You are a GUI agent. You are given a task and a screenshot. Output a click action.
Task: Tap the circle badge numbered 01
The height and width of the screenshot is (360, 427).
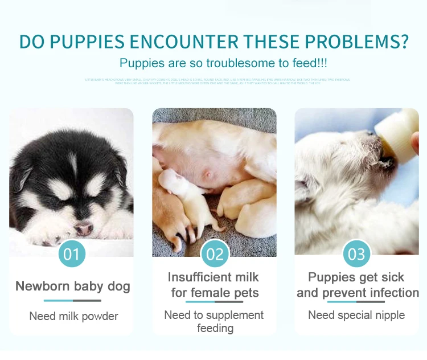(x=72, y=253)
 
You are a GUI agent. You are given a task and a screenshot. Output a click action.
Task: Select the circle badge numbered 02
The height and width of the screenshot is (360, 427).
(x=215, y=253)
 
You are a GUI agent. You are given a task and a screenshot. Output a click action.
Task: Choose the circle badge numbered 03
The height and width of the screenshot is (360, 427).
(x=356, y=253)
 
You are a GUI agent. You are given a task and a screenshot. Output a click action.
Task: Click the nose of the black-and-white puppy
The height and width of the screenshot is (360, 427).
(x=84, y=228)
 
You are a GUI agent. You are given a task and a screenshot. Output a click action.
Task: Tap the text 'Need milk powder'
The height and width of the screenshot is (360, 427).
(x=73, y=316)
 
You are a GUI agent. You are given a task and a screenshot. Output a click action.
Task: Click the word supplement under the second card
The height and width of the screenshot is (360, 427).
(x=233, y=315)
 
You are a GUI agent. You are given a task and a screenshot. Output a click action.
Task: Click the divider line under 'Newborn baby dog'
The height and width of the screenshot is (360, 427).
(x=72, y=300)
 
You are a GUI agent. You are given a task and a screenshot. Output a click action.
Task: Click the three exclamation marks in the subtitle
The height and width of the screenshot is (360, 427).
(x=323, y=63)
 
